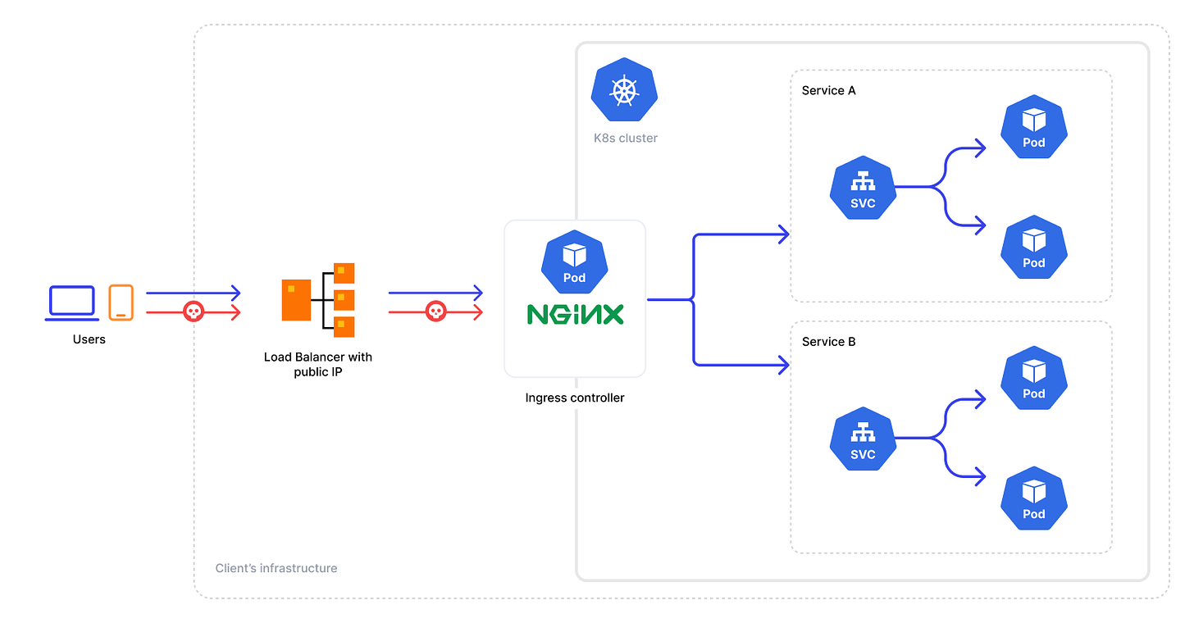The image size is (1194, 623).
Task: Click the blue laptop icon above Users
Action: [x=73, y=302]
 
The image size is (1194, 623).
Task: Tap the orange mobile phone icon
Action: [x=121, y=302]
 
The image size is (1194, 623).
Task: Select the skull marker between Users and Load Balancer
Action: [x=193, y=311]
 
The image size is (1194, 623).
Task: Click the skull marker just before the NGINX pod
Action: [x=435, y=311]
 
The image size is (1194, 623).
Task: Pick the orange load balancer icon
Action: [x=318, y=300]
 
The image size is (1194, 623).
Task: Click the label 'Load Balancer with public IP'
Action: [x=318, y=365]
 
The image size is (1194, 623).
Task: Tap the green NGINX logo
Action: [x=575, y=314]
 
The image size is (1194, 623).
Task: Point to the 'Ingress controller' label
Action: [x=575, y=398]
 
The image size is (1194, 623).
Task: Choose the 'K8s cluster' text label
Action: [x=626, y=138]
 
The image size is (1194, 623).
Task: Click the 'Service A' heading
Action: [x=828, y=90]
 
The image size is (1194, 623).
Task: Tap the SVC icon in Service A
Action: [x=863, y=189]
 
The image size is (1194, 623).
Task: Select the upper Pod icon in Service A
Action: [x=1034, y=128]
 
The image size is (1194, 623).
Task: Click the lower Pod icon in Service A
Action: [x=1034, y=248]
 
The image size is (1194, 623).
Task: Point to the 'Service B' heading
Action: [x=828, y=341]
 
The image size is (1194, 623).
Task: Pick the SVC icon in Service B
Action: [x=863, y=439]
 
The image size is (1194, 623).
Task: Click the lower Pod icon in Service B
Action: [x=1034, y=498]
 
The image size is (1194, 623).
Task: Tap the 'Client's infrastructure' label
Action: [x=276, y=568]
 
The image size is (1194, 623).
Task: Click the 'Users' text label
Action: [x=89, y=339]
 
